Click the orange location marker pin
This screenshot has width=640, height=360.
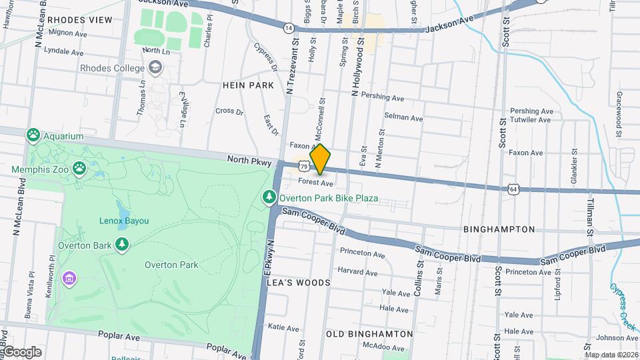point(320,159)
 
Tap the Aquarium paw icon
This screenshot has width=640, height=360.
point(33,135)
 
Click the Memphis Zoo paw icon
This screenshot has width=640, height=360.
point(80,168)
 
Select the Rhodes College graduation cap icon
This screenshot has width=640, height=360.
point(155,67)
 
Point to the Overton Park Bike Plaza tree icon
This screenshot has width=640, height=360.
point(269,197)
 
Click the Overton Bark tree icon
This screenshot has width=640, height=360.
point(121,245)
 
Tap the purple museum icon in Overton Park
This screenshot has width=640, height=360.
point(68,277)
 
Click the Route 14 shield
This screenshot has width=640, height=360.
point(288,28)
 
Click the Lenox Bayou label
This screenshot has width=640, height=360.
point(124,221)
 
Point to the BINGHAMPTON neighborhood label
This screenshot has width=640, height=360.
point(499,229)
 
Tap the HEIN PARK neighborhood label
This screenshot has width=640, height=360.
point(249,85)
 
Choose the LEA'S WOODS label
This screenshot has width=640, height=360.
point(298,283)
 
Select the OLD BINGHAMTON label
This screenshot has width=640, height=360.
point(369,333)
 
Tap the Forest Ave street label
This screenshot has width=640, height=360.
point(315,182)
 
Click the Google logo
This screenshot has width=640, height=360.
point(21,352)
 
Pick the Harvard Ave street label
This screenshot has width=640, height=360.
point(357,271)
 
